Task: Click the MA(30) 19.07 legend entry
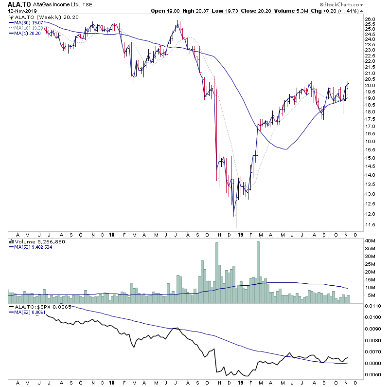(x=28, y=22)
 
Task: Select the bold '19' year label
(x=240, y=235)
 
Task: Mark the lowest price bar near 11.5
(x=236, y=221)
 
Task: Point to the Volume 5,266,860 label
(x=36, y=241)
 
